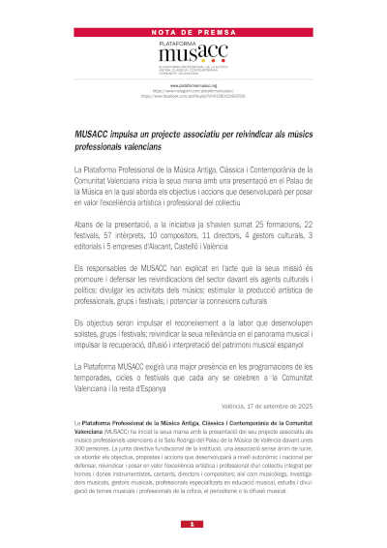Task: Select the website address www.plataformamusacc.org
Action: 193,85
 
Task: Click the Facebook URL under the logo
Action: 193,96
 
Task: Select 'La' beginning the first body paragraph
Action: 78,169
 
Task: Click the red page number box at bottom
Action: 193,524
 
